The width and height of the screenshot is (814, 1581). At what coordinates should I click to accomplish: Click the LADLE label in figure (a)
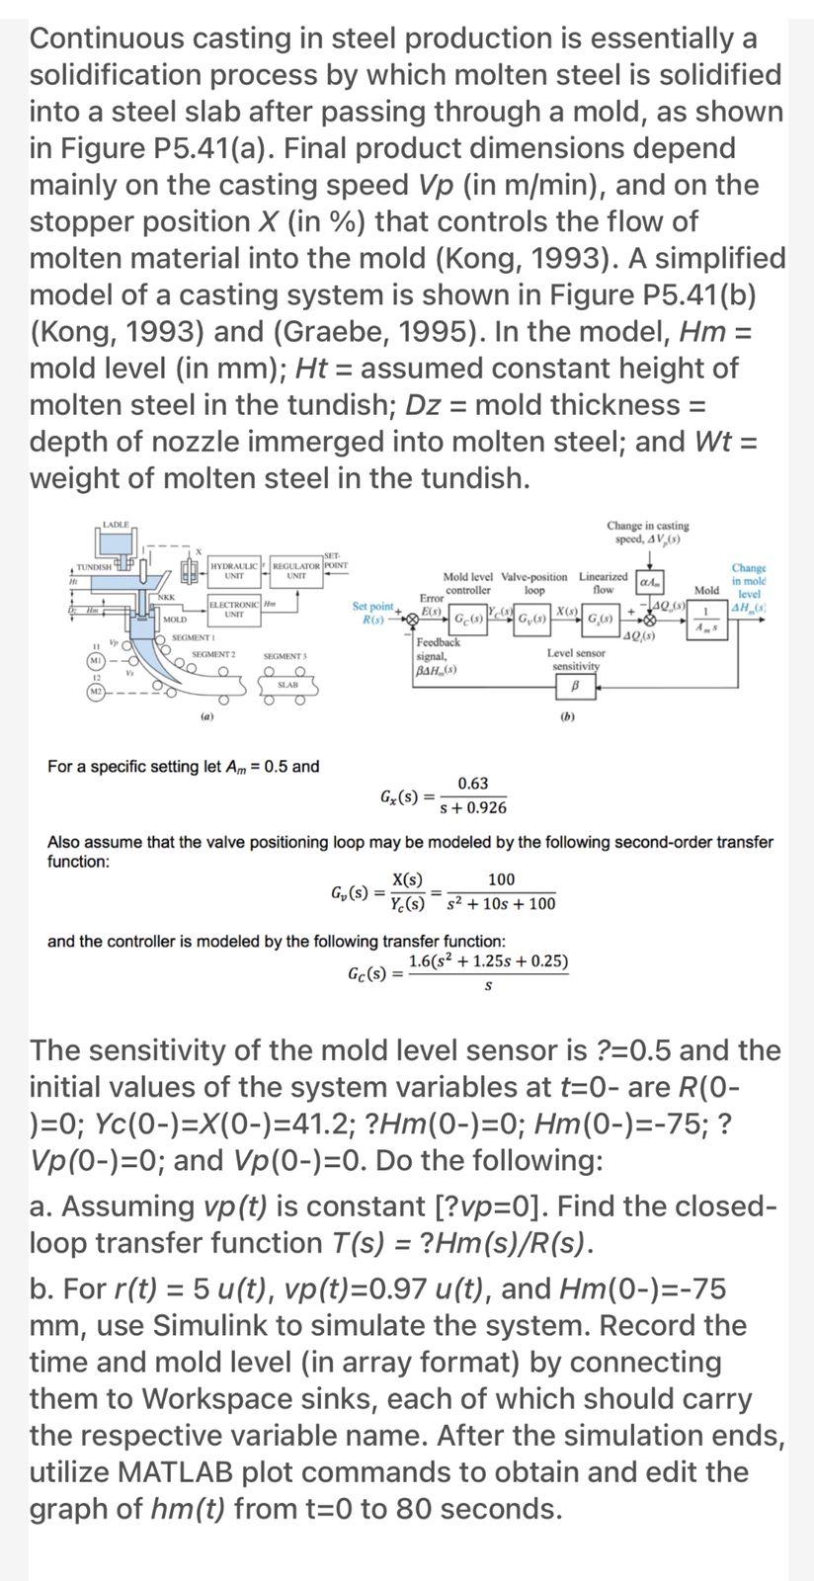coord(116,523)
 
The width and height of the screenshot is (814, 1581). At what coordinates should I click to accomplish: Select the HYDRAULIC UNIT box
coord(234,570)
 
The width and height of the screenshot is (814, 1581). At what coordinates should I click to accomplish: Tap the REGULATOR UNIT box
coord(295,570)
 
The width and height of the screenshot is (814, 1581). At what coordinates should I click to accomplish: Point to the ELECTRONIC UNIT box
coord(234,610)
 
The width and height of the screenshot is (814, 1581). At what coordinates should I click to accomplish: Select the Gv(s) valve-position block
coord(533,621)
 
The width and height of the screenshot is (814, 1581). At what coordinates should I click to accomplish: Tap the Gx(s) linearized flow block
coord(600,621)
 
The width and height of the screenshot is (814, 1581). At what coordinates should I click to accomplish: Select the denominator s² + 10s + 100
coord(501,903)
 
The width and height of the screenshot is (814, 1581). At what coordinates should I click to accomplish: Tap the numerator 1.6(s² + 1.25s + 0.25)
coord(488,962)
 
